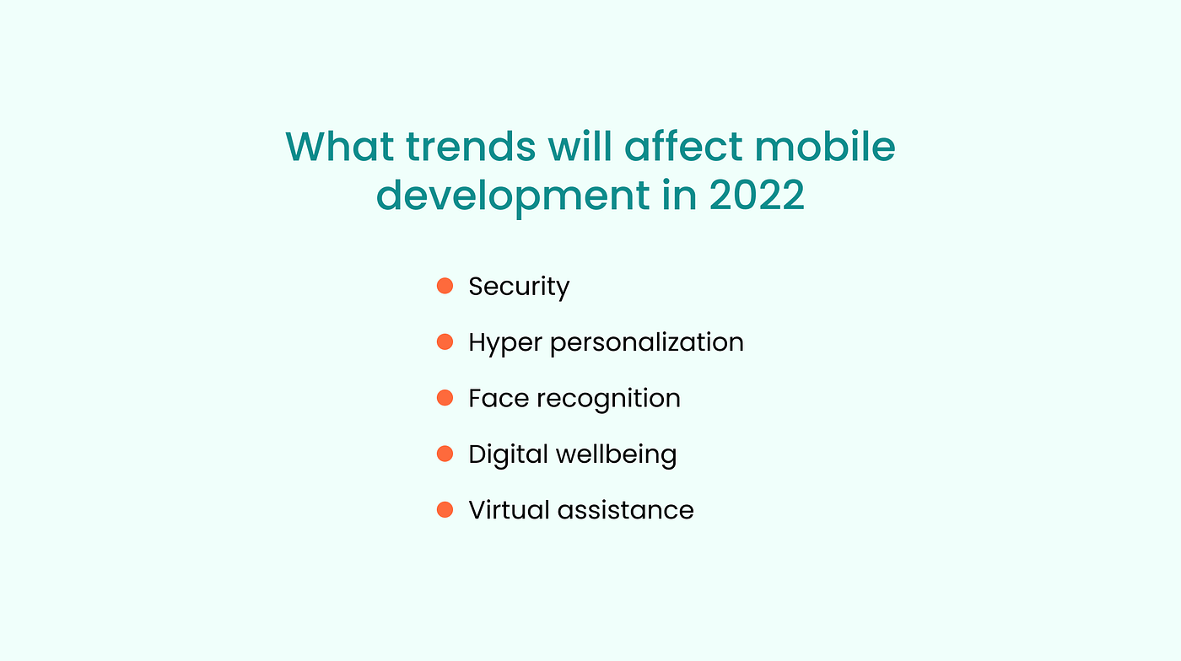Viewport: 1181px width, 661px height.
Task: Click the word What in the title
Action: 339,146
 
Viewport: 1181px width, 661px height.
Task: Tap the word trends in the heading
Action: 471,146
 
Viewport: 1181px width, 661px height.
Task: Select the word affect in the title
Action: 683,146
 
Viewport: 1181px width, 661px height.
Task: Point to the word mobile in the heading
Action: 825,146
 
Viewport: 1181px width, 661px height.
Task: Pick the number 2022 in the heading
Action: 757,195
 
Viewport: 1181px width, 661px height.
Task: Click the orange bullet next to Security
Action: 445,286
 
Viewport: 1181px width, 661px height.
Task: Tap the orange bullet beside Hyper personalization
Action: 445,342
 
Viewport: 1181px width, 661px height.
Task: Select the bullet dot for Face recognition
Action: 445,398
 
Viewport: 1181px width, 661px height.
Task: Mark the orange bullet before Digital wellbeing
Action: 445,454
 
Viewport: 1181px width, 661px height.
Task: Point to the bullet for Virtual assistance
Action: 445,510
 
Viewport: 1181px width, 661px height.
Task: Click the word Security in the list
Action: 519,288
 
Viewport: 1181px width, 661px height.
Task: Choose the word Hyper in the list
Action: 505,344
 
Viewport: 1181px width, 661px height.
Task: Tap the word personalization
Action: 647,342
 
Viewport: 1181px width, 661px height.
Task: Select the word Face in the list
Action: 499,399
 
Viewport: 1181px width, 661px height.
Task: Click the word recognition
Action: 608,400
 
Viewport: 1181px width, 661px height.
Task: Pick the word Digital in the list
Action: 508,455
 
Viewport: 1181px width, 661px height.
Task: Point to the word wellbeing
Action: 617,455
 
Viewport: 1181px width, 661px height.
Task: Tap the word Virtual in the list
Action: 509,510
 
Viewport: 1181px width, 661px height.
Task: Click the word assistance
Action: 625,510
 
